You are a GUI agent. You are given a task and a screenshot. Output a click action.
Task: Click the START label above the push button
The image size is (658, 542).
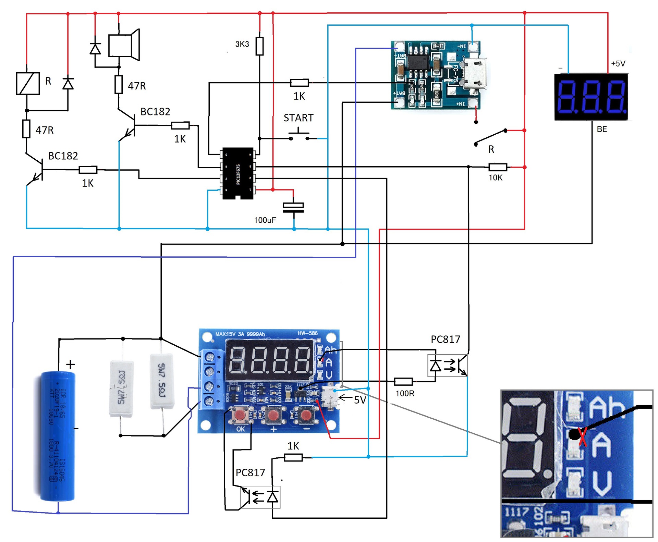[298, 118]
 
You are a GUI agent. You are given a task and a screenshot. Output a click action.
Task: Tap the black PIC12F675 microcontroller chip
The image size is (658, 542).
[238, 173]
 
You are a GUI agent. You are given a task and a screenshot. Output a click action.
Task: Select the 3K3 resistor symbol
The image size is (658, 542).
[259, 46]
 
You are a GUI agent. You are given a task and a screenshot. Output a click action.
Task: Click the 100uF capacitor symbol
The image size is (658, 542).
[293, 207]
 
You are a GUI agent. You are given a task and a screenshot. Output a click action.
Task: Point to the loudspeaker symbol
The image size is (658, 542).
[124, 45]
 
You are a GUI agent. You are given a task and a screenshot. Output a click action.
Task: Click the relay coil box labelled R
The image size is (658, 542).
[28, 83]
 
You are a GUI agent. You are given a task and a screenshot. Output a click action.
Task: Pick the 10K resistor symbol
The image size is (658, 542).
[498, 167]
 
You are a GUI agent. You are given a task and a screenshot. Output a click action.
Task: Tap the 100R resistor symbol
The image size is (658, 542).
[403, 381]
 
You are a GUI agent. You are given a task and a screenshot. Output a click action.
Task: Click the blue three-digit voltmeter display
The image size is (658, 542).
[591, 97]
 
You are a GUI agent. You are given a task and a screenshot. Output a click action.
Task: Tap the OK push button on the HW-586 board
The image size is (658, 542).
[240, 415]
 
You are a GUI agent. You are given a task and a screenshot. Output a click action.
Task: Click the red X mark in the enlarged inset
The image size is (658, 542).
[583, 437]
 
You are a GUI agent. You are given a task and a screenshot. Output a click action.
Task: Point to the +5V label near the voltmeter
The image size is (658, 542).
[618, 64]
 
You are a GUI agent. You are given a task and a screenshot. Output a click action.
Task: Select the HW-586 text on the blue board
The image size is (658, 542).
[307, 333]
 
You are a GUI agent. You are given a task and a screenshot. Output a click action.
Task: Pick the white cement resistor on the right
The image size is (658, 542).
[161, 381]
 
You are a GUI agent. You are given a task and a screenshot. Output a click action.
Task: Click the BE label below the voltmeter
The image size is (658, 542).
[602, 129]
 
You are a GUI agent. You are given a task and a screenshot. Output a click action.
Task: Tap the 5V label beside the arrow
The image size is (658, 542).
[360, 400]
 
